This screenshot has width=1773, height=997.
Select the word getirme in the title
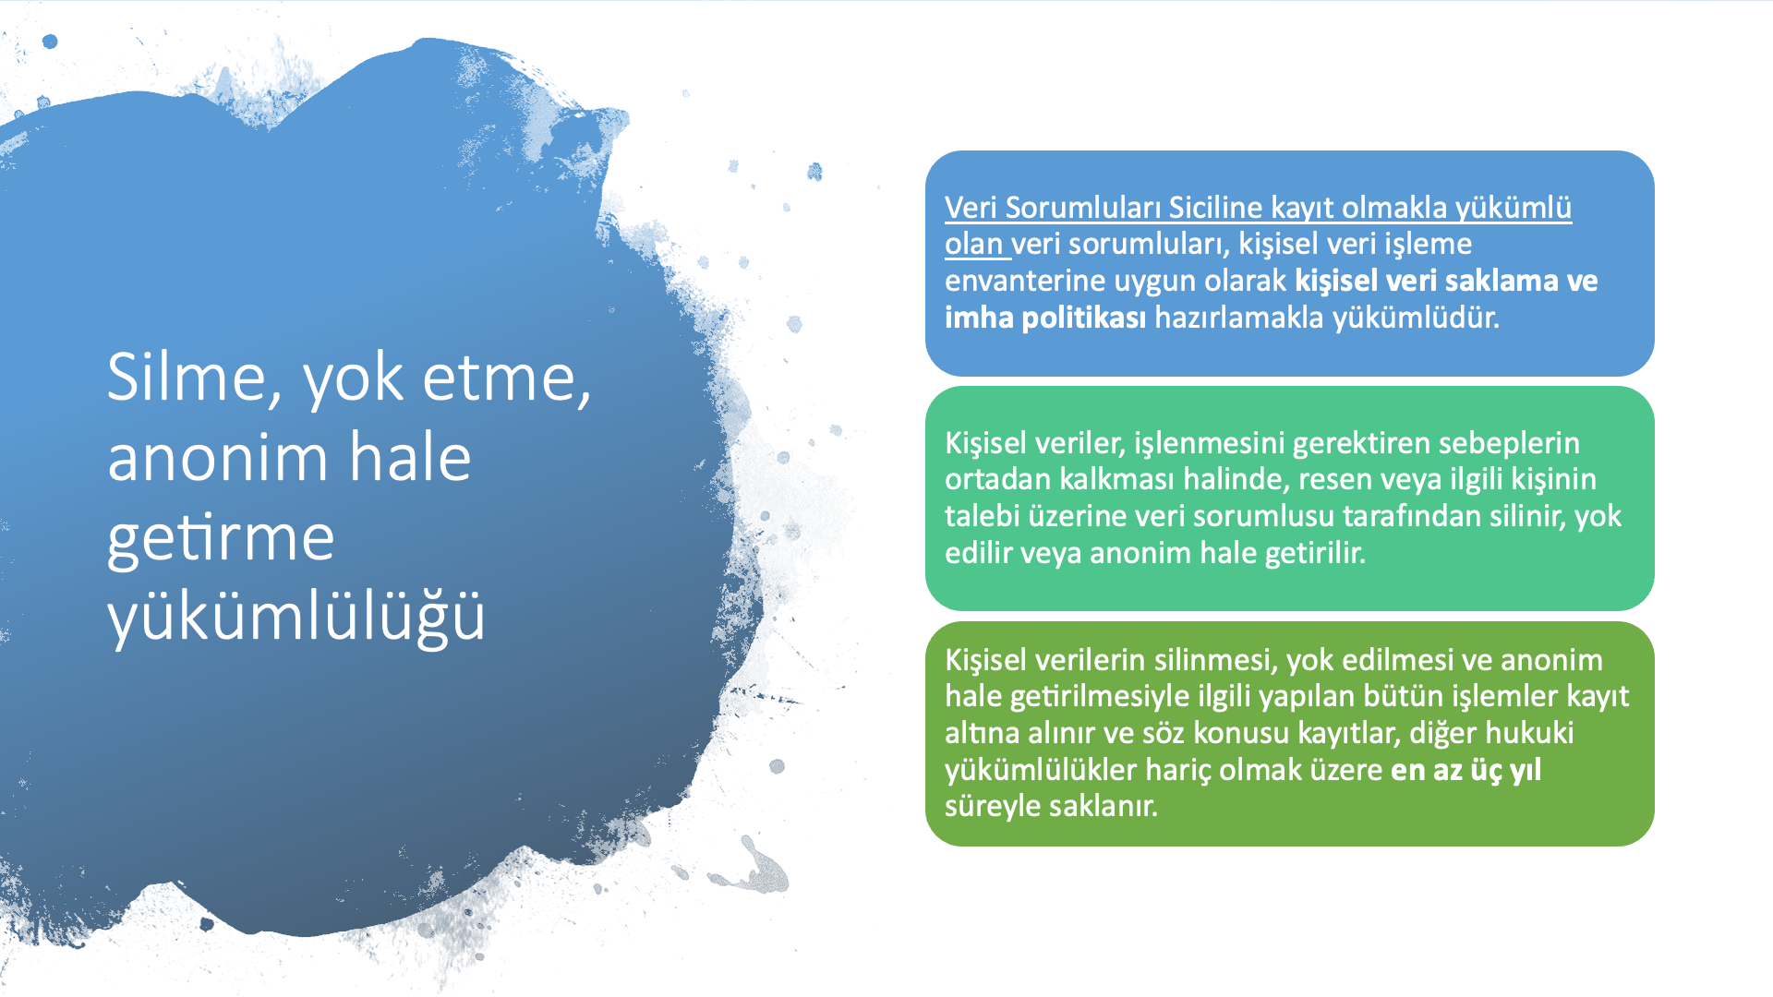(x=221, y=538)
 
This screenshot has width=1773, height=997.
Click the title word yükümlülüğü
(x=295, y=616)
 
